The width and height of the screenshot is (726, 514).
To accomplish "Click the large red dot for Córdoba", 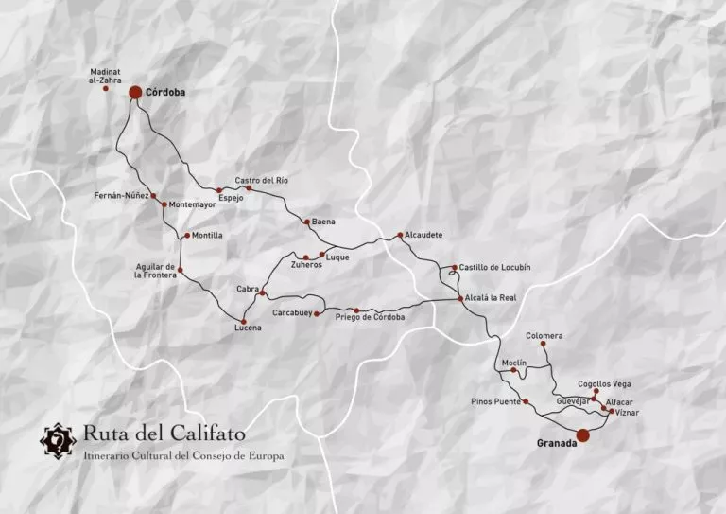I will pyautogui.click(x=135, y=92).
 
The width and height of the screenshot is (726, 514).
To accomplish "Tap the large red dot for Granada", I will pyautogui.click(x=583, y=434).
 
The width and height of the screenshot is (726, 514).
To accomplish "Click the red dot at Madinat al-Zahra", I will pyautogui.click(x=106, y=89).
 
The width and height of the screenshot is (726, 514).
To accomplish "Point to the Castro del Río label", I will pyautogui.click(x=261, y=180).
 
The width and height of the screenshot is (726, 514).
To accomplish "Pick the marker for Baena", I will pyautogui.click(x=306, y=222).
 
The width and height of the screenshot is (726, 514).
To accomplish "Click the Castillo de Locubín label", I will pyautogui.click(x=494, y=267).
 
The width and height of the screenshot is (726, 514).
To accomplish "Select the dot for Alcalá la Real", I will pyautogui.click(x=460, y=299).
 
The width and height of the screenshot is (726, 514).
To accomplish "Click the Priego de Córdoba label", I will pyautogui.click(x=370, y=317).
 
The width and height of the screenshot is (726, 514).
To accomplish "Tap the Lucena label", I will pyautogui.click(x=248, y=328).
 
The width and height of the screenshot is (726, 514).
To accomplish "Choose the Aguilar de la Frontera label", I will pyautogui.click(x=155, y=271).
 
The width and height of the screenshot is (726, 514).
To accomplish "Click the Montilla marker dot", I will pyautogui.click(x=187, y=236).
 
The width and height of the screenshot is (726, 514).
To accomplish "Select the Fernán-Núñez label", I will pyautogui.click(x=121, y=196).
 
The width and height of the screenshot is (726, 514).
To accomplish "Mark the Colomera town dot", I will pyautogui.click(x=543, y=345).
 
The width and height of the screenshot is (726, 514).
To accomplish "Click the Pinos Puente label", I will pyautogui.click(x=495, y=402).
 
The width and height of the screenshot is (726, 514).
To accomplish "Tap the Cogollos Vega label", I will pyautogui.click(x=604, y=383).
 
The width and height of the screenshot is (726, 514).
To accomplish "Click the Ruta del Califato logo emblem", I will pyautogui.click(x=59, y=440).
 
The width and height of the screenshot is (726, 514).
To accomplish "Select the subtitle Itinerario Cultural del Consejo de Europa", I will pyautogui.click(x=182, y=456).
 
